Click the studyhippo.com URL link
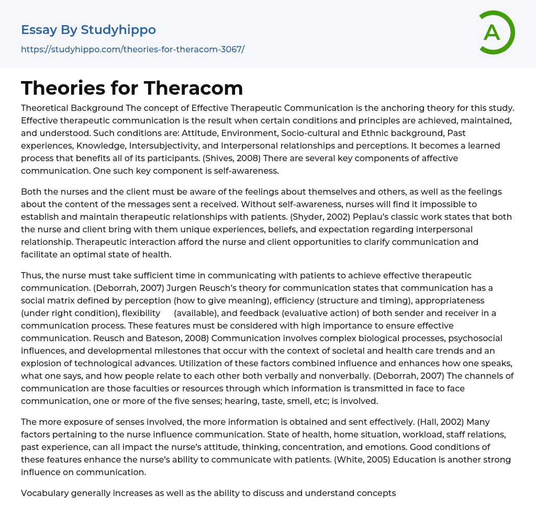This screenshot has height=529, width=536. click(132, 49)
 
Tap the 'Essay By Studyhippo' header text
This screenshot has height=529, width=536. click(88, 30)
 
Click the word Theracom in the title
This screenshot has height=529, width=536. click(193, 88)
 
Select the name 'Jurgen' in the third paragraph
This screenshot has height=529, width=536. click(181, 288)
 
